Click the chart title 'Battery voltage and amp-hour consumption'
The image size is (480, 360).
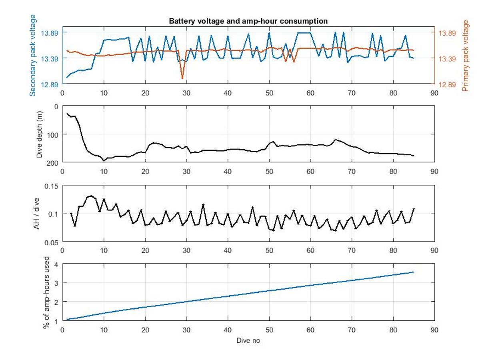pos(248,21)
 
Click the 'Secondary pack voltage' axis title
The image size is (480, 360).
pos(33,55)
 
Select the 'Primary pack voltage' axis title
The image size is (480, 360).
pos(465,55)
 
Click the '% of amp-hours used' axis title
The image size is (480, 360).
pos(46,292)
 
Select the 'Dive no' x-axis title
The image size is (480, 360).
pos(248,341)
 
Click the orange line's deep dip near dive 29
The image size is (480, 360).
pos(182,78)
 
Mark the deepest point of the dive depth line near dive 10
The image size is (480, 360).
pos(104,161)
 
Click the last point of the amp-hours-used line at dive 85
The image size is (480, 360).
pos(413,272)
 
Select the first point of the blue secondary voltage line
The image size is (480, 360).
pos(67,77)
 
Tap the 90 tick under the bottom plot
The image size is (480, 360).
pos(434,330)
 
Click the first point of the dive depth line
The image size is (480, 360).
pos(67,114)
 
